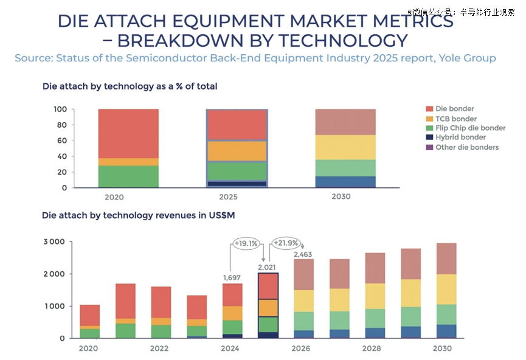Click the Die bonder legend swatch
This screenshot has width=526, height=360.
[429, 109]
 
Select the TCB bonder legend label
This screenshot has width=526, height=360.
[457, 119]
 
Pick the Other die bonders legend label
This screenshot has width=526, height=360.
[466, 147]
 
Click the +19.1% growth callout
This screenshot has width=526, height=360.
[246, 244]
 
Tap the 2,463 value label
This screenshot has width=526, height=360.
[303, 254]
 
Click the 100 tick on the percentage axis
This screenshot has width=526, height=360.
[59, 109]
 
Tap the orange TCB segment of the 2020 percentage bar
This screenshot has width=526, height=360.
[128, 162]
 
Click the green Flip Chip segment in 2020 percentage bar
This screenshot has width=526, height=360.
[128, 177]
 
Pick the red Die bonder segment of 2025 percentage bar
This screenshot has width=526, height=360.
[237, 125]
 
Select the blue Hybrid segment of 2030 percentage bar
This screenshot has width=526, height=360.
[345, 182]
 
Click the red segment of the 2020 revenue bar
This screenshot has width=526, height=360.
[90, 315]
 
